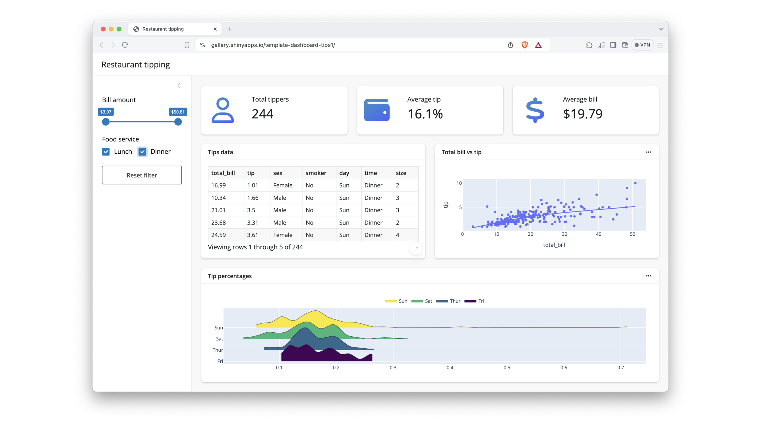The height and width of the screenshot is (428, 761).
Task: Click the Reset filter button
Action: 142,175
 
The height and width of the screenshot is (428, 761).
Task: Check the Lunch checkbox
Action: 106,152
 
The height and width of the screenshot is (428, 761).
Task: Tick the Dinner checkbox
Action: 142,152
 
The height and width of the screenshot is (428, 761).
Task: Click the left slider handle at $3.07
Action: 106,122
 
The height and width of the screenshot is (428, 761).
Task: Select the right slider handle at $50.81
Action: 178,122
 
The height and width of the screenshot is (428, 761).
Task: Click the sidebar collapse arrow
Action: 179,85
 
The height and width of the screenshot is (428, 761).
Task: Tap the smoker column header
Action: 316,173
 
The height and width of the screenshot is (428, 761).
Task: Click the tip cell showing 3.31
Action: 253,222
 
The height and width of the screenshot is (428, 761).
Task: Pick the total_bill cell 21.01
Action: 218,210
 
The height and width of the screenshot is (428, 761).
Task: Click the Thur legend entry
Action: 448,301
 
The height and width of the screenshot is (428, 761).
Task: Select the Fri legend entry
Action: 474,301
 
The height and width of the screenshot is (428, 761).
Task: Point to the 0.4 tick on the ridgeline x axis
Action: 450,367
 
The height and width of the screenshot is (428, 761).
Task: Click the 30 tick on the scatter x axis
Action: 564,234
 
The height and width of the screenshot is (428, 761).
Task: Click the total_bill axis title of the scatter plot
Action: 554,245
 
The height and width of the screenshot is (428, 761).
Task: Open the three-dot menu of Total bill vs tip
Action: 648,152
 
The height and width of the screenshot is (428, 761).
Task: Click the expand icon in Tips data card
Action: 416,249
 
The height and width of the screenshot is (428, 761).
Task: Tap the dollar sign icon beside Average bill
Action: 535,110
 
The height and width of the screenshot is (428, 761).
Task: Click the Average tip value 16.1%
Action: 425,114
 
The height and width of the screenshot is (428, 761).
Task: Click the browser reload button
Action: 125,45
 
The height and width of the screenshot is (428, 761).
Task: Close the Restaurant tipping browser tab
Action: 215,29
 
